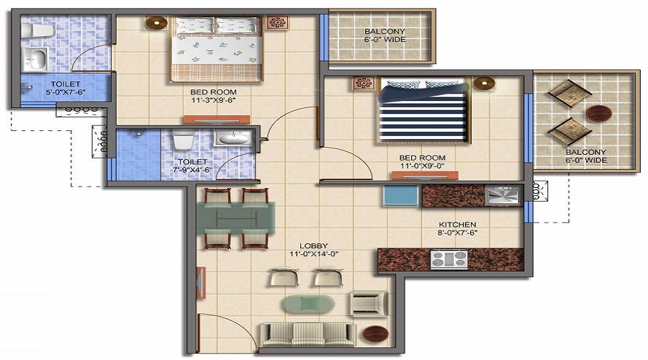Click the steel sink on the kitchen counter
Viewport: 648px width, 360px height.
(x=503, y=195)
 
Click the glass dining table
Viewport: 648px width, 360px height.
(x=237, y=218)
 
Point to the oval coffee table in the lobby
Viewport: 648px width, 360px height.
(x=308, y=304)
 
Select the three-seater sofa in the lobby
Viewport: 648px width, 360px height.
(x=307, y=333)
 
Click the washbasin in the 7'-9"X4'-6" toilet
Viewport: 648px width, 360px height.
(x=231, y=138)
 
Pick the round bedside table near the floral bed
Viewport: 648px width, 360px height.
(x=156, y=22)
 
